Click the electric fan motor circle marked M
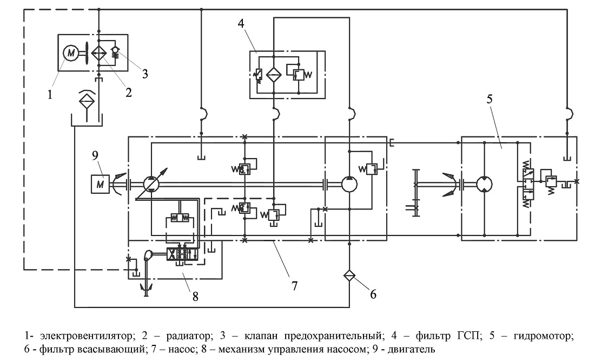(x=70, y=53)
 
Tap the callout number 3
(x=145, y=74)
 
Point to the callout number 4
(x=241, y=23)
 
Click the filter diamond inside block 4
(x=274, y=74)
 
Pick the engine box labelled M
(x=100, y=185)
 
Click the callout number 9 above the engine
(x=95, y=155)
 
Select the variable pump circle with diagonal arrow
(x=151, y=185)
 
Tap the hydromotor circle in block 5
(x=485, y=184)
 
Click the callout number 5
(x=489, y=99)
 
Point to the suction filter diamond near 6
(x=349, y=274)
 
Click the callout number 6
(x=373, y=294)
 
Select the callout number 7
(x=294, y=285)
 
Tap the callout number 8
(x=195, y=296)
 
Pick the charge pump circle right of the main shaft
(x=349, y=184)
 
